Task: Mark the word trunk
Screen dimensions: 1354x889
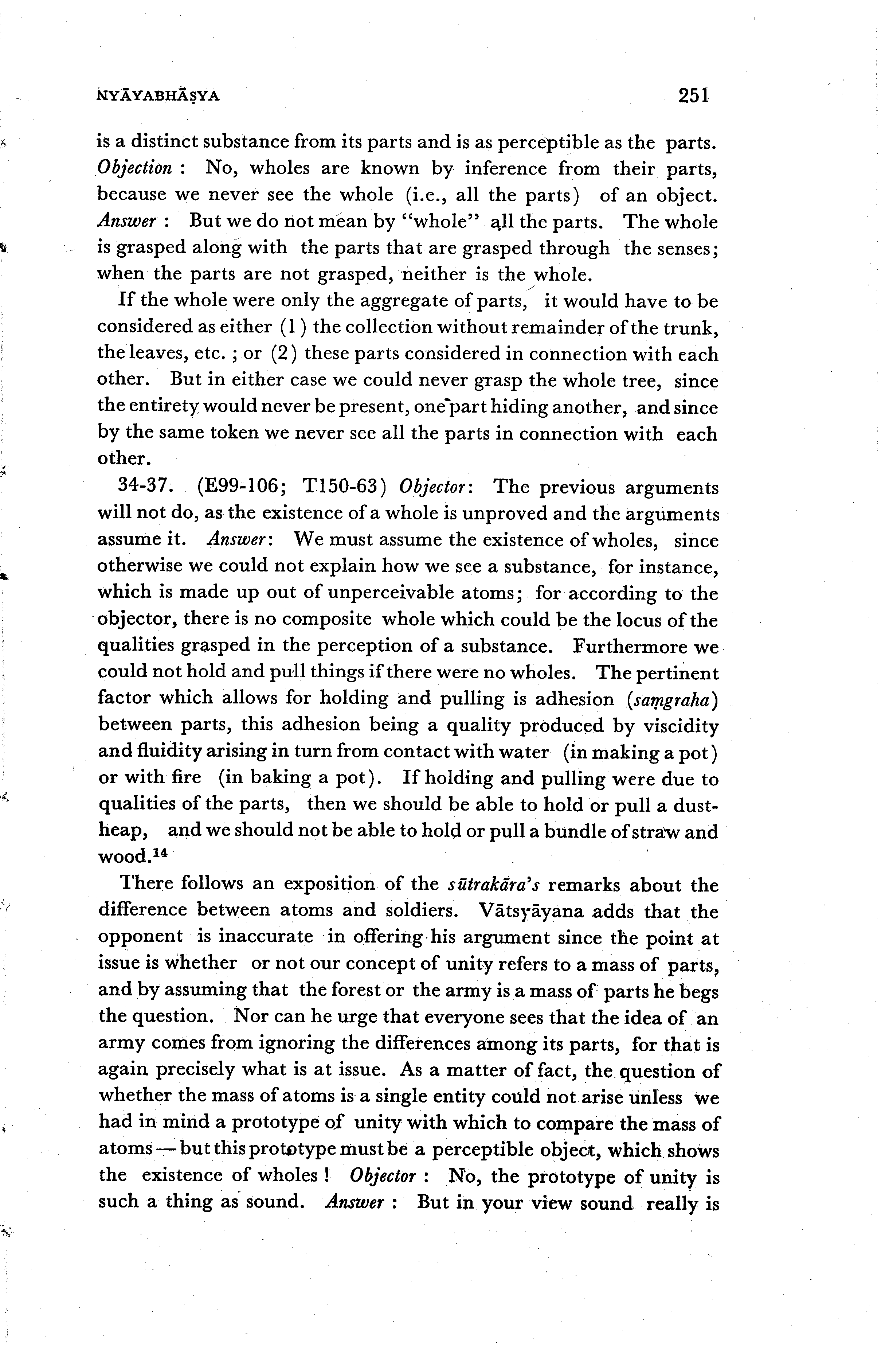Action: (x=689, y=327)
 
